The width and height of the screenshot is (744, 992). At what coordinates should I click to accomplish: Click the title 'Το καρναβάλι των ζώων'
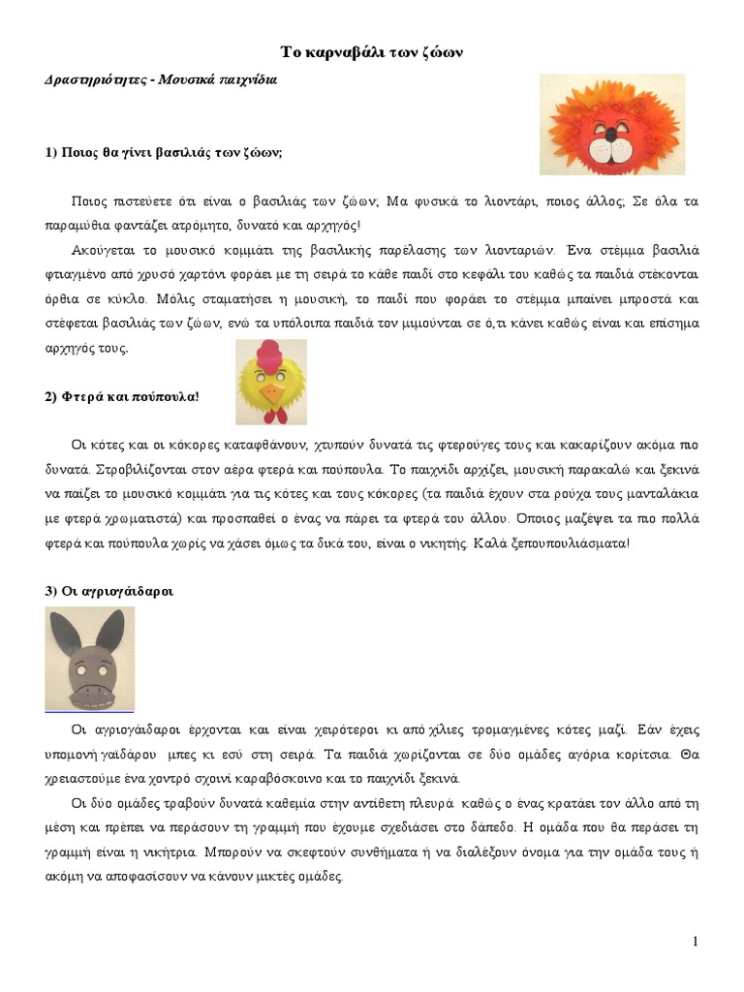(x=372, y=52)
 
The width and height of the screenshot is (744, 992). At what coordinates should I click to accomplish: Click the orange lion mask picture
(x=611, y=124)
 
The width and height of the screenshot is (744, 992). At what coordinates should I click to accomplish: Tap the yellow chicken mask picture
(x=272, y=383)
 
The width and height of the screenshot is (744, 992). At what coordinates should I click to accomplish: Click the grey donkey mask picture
(x=90, y=659)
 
